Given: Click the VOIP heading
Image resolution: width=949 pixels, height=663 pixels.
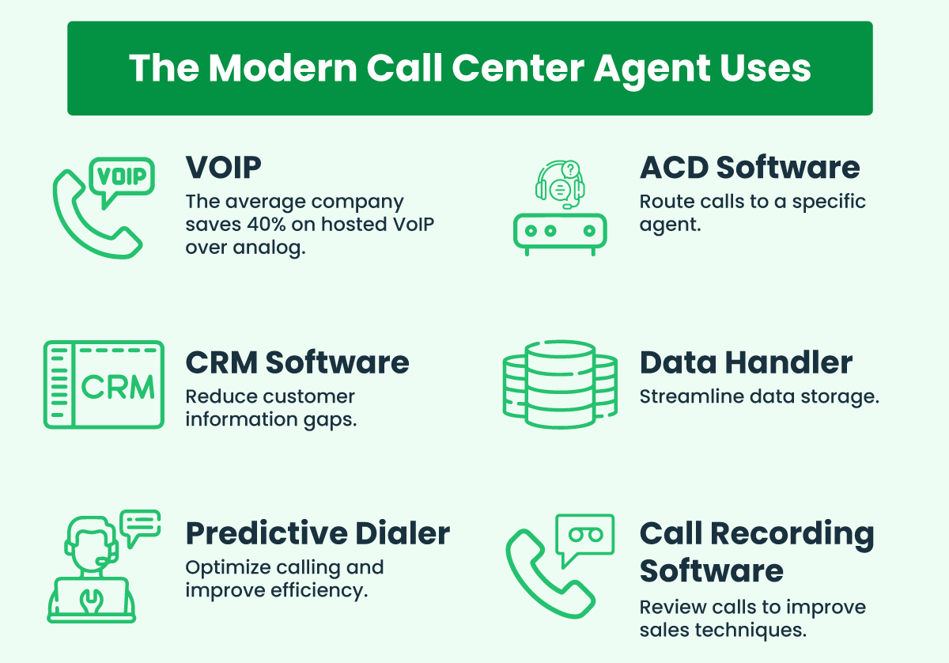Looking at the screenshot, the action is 223,168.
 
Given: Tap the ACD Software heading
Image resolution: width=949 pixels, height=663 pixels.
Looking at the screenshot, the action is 750,168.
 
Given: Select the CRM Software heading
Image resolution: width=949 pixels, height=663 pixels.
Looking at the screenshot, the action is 297,362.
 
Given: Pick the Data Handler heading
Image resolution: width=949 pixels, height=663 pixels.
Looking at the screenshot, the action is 746,362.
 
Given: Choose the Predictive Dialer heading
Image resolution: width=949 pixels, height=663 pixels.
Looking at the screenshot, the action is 318,533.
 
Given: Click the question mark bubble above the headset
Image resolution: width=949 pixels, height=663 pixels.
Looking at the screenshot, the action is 570,169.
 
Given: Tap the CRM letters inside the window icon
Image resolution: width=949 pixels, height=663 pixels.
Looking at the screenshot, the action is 118,387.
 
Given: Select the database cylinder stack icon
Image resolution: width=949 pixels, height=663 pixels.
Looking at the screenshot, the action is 560,384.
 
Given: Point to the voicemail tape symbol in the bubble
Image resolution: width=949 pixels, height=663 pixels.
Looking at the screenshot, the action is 585,535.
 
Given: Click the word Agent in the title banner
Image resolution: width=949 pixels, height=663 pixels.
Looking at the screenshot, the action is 652,69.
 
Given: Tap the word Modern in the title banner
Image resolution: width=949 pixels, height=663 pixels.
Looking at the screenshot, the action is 283,68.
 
